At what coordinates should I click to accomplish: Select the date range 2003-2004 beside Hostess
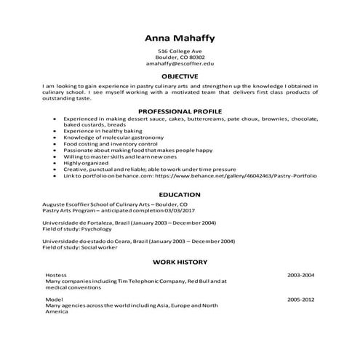tap(300, 276)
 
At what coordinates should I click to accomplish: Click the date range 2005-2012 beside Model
tap(300, 299)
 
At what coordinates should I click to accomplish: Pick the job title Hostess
tap(56, 276)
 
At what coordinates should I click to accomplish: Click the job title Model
tap(53, 299)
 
